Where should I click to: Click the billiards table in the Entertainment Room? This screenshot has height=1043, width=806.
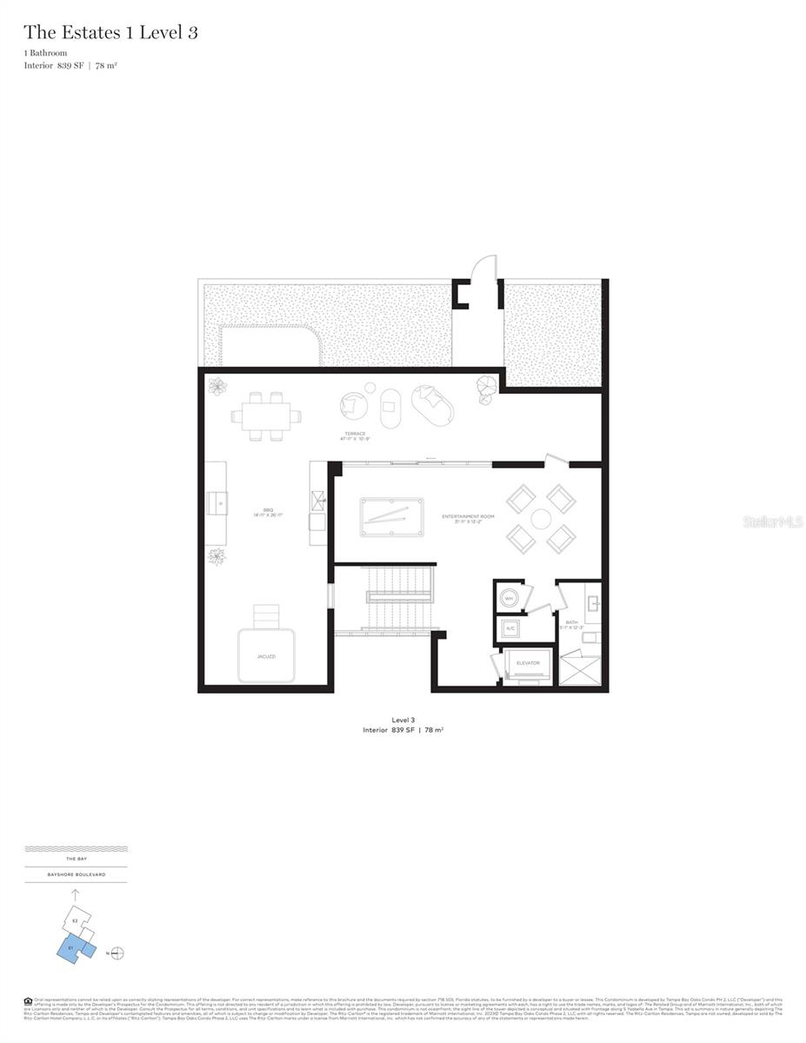point(391,516)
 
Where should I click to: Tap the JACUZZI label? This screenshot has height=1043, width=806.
point(266,656)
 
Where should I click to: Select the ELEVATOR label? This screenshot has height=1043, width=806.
point(528,663)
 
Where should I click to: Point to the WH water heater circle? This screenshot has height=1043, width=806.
point(510,597)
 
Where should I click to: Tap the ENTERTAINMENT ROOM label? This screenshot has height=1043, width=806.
point(468,516)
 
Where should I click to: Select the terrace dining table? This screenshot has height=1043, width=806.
point(267,416)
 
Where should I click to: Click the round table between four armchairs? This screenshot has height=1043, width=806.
point(541,519)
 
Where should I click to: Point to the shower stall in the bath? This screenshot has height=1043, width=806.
point(579,670)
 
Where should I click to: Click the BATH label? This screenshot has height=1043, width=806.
point(571,622)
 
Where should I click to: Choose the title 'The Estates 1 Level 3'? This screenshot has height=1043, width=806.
point(110,33)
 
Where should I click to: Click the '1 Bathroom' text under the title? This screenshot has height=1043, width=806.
point(45,54)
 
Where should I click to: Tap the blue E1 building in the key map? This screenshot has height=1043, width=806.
point(72,947)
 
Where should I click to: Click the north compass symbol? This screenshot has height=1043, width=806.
point(117,953)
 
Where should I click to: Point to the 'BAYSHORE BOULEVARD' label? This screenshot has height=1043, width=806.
point(77,874)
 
